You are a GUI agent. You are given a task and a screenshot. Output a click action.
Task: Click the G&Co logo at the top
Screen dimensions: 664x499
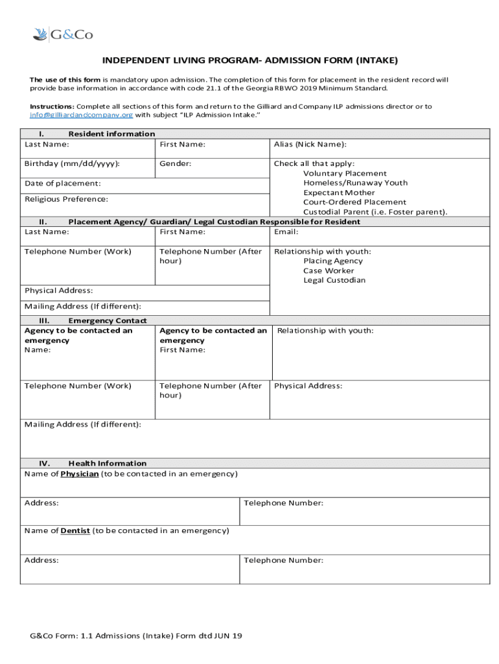(x=62, y=35)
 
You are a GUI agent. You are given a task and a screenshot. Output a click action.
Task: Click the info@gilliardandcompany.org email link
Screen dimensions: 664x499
(x=82, y=115)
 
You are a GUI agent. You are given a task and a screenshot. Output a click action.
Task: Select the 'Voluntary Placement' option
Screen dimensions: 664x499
(x=345, y=174)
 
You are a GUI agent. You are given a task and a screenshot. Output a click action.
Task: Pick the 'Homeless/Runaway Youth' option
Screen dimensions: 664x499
(x=355, y=184)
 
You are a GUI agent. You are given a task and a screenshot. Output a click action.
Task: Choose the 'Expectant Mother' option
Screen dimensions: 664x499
(x=339, y=193)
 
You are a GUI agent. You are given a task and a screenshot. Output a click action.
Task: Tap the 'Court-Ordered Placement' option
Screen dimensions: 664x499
(x=354, y=202)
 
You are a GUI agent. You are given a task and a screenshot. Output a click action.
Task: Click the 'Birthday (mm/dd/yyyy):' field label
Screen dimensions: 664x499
(x=72, y=164)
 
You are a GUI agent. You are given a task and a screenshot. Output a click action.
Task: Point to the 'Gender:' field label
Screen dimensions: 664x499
(x=176, y=164)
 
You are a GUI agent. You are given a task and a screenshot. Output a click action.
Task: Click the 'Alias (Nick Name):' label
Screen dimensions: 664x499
(x=310, y=145)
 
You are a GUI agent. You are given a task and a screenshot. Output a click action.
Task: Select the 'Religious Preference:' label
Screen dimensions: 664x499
(x=66, y=200)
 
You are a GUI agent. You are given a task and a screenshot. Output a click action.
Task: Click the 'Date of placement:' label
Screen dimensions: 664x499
(x=62, y=184)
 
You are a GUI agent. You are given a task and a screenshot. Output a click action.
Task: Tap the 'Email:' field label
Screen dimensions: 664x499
(x=286, y=232)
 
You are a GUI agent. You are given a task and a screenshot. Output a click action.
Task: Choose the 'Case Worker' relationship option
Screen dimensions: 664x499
(x=329, y=271)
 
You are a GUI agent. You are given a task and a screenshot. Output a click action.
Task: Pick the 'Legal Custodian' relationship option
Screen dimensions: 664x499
(x=334, y=281)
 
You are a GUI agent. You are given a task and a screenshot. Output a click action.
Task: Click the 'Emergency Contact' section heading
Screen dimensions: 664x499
(x=108, y=321)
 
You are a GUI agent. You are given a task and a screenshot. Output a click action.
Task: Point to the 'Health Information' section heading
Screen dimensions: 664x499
(x=108, y=464)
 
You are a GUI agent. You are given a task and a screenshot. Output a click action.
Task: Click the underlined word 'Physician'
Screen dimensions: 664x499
(x=80, y=474)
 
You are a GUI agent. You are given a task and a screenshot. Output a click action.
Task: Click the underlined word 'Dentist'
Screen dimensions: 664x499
(x=75, y=531)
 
